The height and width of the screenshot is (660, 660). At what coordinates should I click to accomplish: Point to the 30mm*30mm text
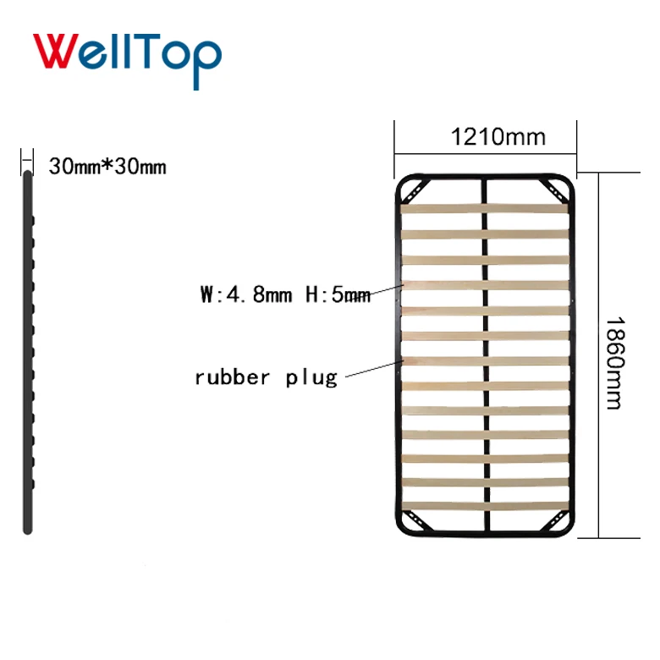coord(107,167)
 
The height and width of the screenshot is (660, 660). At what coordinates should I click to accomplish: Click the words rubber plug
coord(266,377)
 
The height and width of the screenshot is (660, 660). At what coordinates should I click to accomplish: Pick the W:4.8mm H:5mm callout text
coord(285,294)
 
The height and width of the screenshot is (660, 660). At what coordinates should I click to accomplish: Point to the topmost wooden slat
coord(484,208)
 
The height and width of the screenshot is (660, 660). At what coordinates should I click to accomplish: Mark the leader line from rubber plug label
coord(372,368)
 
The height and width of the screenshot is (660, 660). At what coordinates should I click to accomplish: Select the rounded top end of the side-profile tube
coord(27,174)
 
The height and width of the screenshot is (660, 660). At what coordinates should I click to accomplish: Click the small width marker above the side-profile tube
coord(27,157)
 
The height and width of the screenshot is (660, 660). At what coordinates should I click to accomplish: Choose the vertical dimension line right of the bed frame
coord(599,355)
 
